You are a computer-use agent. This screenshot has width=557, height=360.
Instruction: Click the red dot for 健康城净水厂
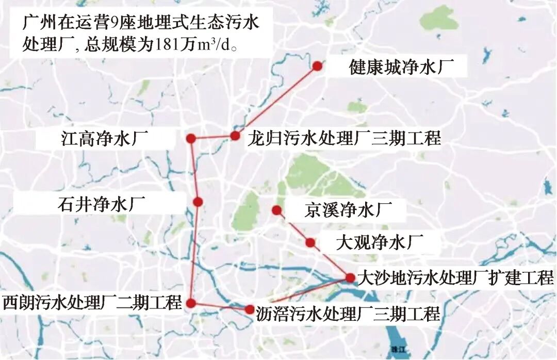pyautogui.click(x=317, y=66)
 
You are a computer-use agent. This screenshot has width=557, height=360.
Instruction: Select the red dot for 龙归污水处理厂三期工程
pyautogui.click(x=235, y=136)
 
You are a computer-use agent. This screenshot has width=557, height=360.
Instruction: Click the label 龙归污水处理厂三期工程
pyautogui.click(x=344, y=138)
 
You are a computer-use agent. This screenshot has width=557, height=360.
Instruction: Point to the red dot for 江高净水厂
pyautogui.click(x=191, y=138)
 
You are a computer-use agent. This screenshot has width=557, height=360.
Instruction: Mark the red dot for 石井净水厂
pyautogui.click(x=197, y=202)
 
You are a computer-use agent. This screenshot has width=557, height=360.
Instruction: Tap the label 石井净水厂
pyautogui.click(x=101, y=204)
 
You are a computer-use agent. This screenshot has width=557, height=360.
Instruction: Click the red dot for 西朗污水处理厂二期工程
pyautogui.click(x=191, y=303)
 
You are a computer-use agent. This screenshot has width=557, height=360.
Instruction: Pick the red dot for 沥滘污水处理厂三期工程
pyautogui.click(x=250, y=309)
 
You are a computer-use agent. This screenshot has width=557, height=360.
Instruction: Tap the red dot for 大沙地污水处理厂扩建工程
pyautogui.click(x=350, y=277)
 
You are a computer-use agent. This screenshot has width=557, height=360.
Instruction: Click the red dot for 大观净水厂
pyautogui.click(x=310, y=242)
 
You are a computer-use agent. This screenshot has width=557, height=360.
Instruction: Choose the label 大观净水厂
pyautogui.click(x=379, y=242)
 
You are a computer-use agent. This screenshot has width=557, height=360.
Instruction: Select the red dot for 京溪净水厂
pyautogui.click(x=276, y=210)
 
